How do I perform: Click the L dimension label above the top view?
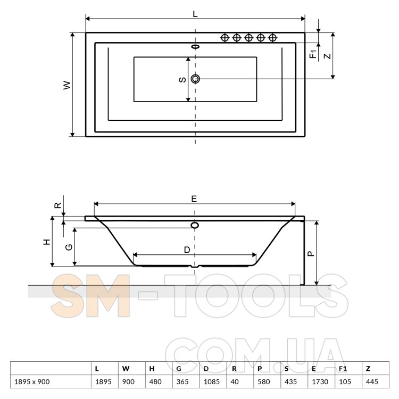coord(195,14)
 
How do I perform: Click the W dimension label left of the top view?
coord(67,85)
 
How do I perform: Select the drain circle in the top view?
coord(195,79)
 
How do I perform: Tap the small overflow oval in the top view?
coord(195,47)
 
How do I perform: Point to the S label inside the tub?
coord(182,80)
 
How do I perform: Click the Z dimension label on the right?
coord(328,56)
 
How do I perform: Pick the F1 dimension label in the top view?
coord(313,54)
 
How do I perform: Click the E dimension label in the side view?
coord(194,199)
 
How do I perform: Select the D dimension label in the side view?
coord(187,250)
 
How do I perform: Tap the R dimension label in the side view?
coord(59,205)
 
